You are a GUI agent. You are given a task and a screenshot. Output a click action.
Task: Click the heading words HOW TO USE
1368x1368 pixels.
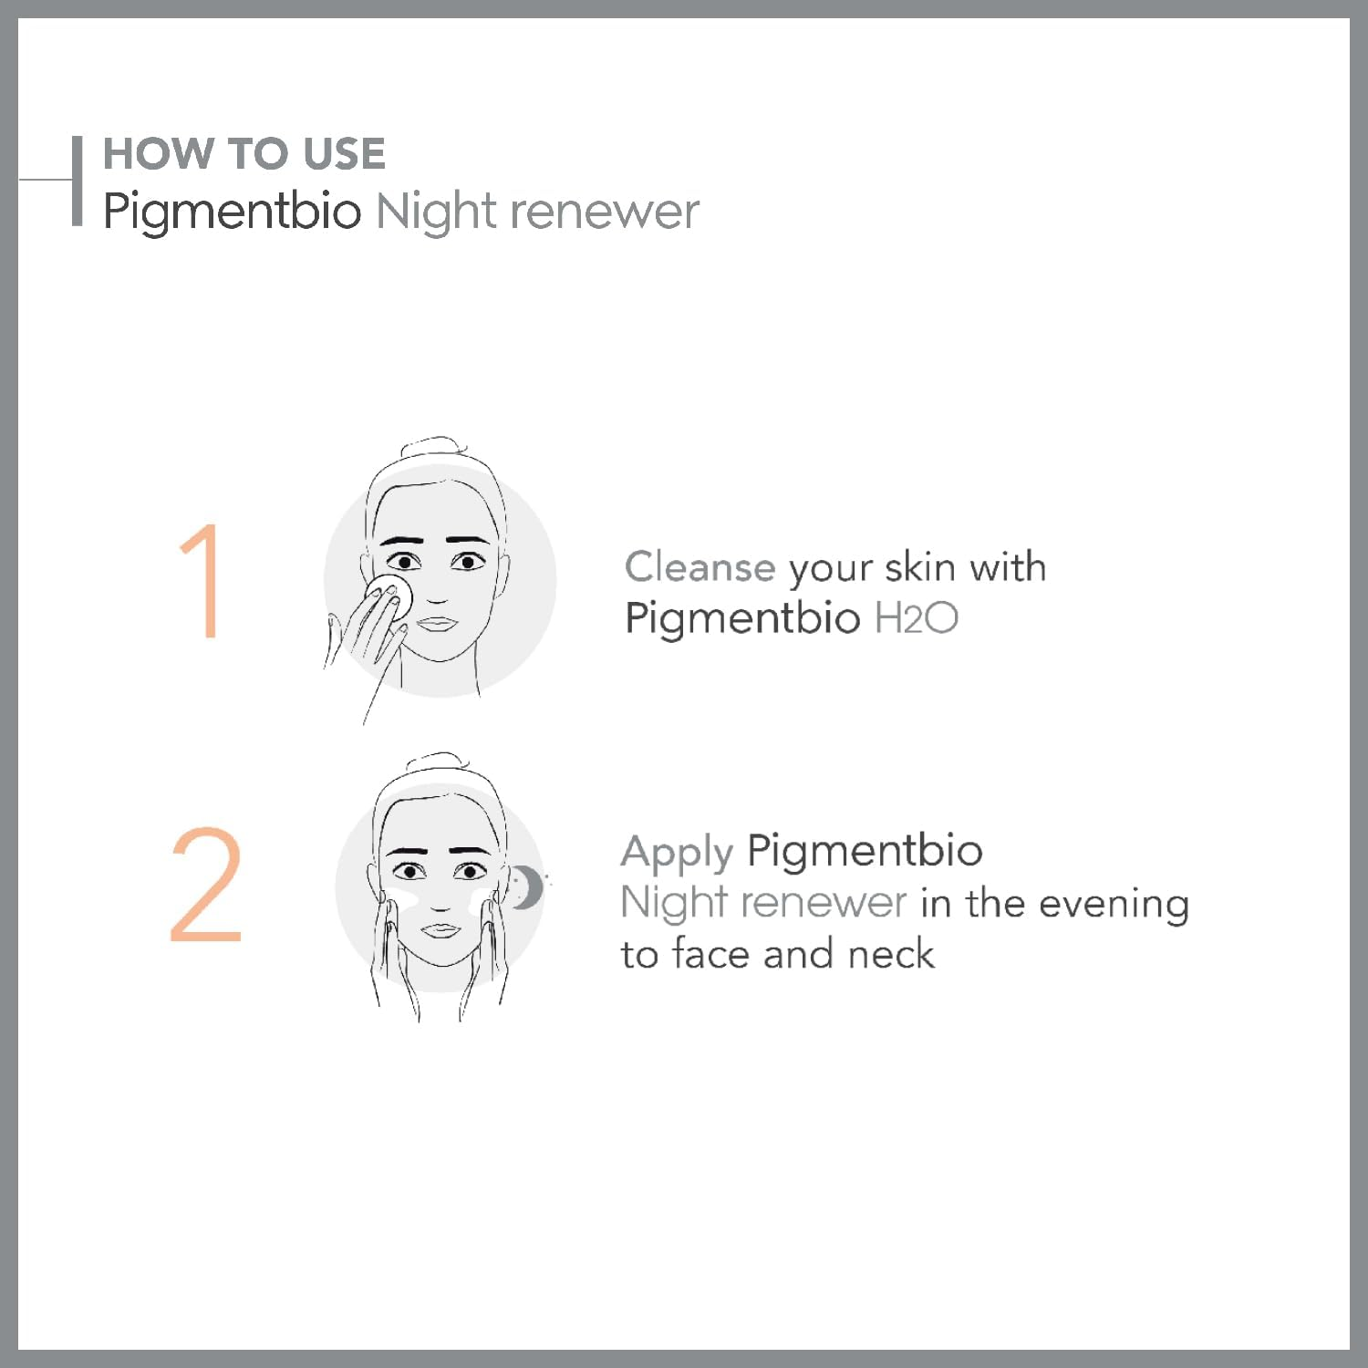pyautogui.click(x=244, y=153)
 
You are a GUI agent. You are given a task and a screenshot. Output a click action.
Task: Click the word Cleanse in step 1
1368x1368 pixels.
pyautogui.click(x=700, y=567)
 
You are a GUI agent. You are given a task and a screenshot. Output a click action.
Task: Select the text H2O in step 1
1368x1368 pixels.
pyautogui.click(x=916, y=618)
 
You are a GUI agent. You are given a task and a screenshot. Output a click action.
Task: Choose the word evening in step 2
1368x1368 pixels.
pyautogui.click(x=1114, y=904)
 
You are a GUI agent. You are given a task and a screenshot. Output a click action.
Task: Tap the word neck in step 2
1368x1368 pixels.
pyautogui.click(x=891, y=954)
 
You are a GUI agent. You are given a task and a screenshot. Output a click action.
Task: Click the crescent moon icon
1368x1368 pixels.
pyautogui.click(x=526, y=887)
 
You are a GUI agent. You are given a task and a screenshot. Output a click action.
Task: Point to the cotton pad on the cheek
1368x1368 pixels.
pyautogui.click(x=391, y=593)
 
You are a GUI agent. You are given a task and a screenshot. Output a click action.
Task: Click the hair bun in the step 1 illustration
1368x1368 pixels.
pyautogui.click(x=434, y=447)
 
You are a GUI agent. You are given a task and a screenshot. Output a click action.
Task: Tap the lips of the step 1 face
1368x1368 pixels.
pyautogui.click(x=438, y=625)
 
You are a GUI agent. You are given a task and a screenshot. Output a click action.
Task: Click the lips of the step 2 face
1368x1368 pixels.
pyautogui.click(x=440, y=930)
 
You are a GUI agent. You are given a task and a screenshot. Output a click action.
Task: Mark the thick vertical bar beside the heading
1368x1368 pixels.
pyautogui.click(x=78, y=181)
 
